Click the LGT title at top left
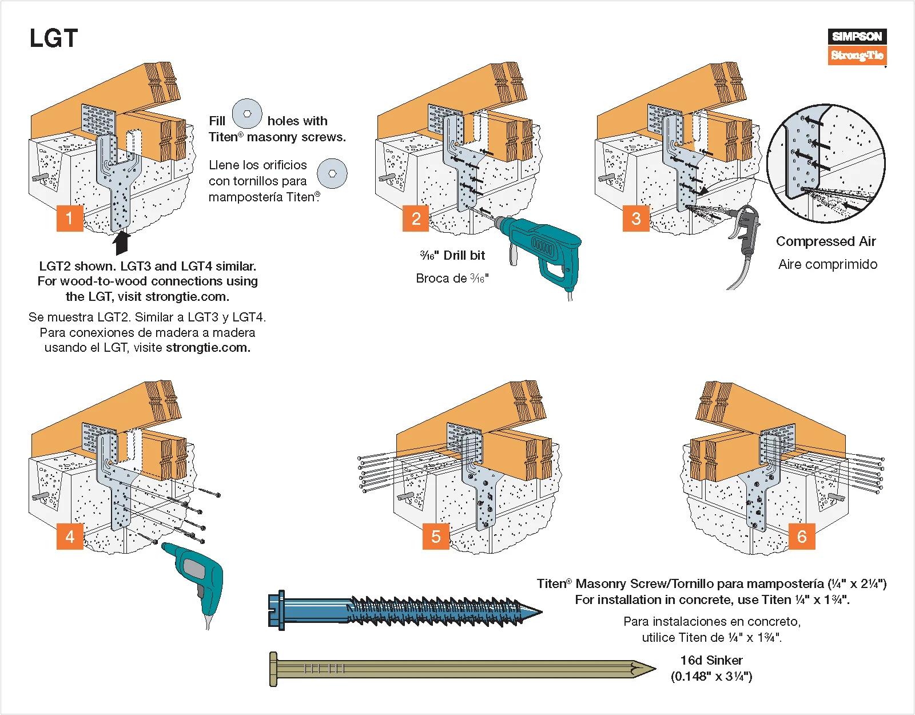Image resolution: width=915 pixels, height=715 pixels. (x=53, y=39)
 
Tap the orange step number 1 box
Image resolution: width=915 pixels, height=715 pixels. (x=70, y=218)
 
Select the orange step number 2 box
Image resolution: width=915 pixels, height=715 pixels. (x=416, y=218)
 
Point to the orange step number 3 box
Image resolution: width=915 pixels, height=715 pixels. (x=636, y=218)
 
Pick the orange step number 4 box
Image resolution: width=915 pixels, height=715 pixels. (x=70, y=536)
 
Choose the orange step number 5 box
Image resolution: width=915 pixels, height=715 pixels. (x=436, y=536)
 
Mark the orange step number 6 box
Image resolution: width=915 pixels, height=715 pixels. (x=802, y=536)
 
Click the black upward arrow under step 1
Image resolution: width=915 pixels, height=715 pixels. (x=121, y=243)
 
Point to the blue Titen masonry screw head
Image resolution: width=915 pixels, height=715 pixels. (x=277, y=610)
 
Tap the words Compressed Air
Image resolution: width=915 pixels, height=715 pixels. (x=826, y=241)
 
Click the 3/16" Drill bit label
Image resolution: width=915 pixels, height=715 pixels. (x=452, y=255)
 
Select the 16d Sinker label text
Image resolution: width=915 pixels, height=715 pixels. (x=711, y=660)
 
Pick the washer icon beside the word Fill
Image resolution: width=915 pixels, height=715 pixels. (x=247, y=114)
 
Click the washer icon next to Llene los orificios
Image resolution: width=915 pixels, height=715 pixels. (x=332, y=173)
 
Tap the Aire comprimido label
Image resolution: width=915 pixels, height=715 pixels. (x=828, y=264)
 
